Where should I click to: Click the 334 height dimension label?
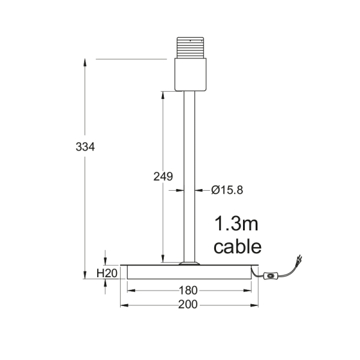coord(85,147)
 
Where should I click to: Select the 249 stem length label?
coord(163,176)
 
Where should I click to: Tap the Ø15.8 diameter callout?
coord(227,190)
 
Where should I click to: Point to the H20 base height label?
coord(107,273)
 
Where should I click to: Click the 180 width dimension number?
coord(188,290)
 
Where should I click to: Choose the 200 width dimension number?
coord(188,305)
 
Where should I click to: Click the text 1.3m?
coord(236,224)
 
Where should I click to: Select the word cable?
coord(238,247)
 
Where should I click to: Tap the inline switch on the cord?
coord(271,275)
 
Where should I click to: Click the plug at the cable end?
coord(299,259)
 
